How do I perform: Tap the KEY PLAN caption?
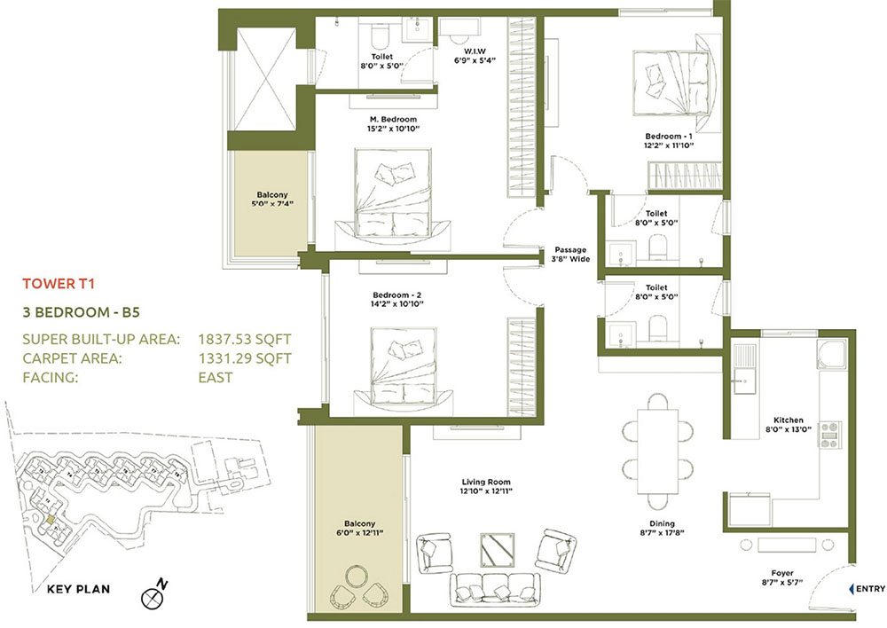tap(79, 588)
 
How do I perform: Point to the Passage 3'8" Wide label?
tap(571, 255)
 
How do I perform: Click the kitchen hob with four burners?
tap(829, 434)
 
